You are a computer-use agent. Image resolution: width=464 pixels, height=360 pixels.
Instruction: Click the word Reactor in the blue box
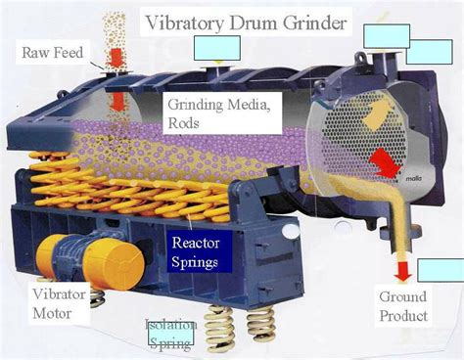tap(196, 241)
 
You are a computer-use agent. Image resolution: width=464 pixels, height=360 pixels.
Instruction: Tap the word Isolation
tap(171, 326)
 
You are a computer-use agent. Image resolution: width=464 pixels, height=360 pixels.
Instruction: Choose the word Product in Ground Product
tap(403, 315)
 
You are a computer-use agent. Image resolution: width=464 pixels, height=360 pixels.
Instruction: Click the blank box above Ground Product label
tap(440, 270)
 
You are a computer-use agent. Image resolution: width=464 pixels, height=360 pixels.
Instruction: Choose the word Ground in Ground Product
tap(403, 297)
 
